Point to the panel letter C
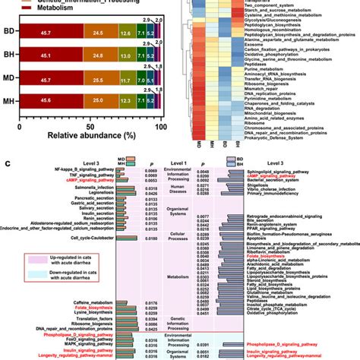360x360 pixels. click(7, 166)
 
